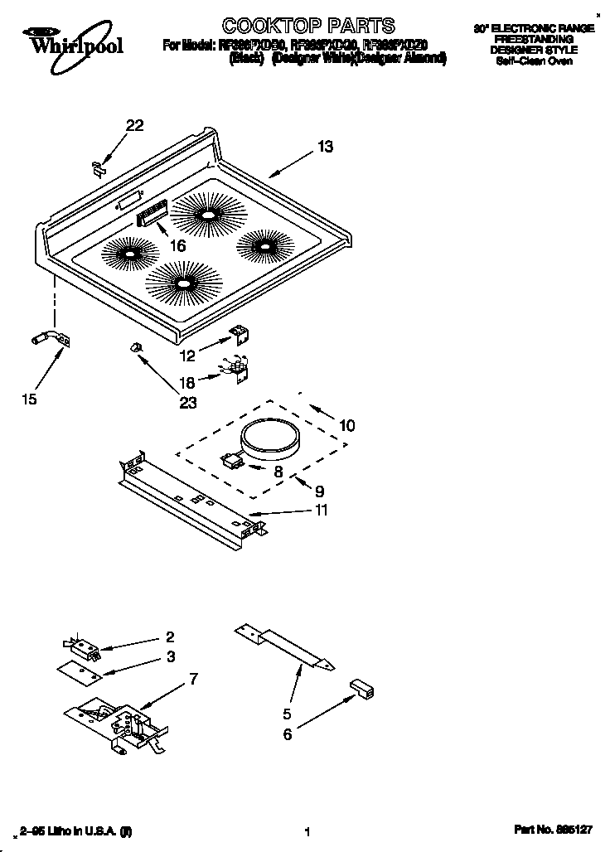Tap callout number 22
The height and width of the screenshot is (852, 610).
tap(134, 126)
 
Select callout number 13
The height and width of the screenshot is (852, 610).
tap(325, 147)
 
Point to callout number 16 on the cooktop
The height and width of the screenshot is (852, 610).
tap(177, 245)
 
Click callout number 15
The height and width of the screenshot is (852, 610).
tap(30, 399)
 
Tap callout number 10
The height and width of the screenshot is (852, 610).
tap(346, 426)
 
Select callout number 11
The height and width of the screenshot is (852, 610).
tap(320, 511)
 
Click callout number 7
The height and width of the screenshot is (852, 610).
tap(193, 680)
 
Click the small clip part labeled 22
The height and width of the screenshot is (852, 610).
tap(97, 167)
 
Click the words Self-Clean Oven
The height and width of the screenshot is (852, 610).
tap(534, 61)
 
